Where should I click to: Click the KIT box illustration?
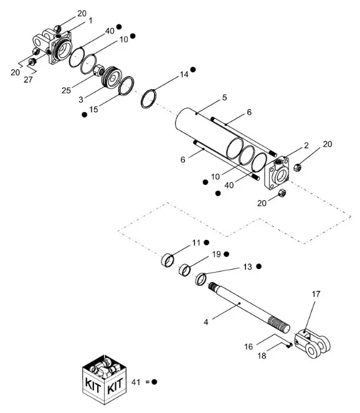tap(105, 380)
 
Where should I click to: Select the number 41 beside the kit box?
tap(136, 382)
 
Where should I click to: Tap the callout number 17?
tap(316, 294)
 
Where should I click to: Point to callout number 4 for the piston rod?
tap(206, 322)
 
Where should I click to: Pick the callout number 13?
tap(247, 267)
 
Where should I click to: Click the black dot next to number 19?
tap(227, 254)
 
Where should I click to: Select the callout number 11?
tap(196, 242)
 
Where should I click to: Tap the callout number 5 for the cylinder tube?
tap(224, 98)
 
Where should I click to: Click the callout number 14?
tap(184, 75)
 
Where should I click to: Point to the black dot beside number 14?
tap(193, 70)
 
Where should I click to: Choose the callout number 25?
tap(67, 90)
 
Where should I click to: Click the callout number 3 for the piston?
tap(81, 100)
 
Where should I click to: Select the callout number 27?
tap(28, 80)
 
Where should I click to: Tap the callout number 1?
tap(90, 21)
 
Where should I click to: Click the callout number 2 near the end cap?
tap(306, 145)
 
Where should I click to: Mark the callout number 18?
tap(262, 356)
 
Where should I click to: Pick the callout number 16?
tap(249, 346)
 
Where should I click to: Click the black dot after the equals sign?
tap(154, 382)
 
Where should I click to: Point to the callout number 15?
tap(94, 109)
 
